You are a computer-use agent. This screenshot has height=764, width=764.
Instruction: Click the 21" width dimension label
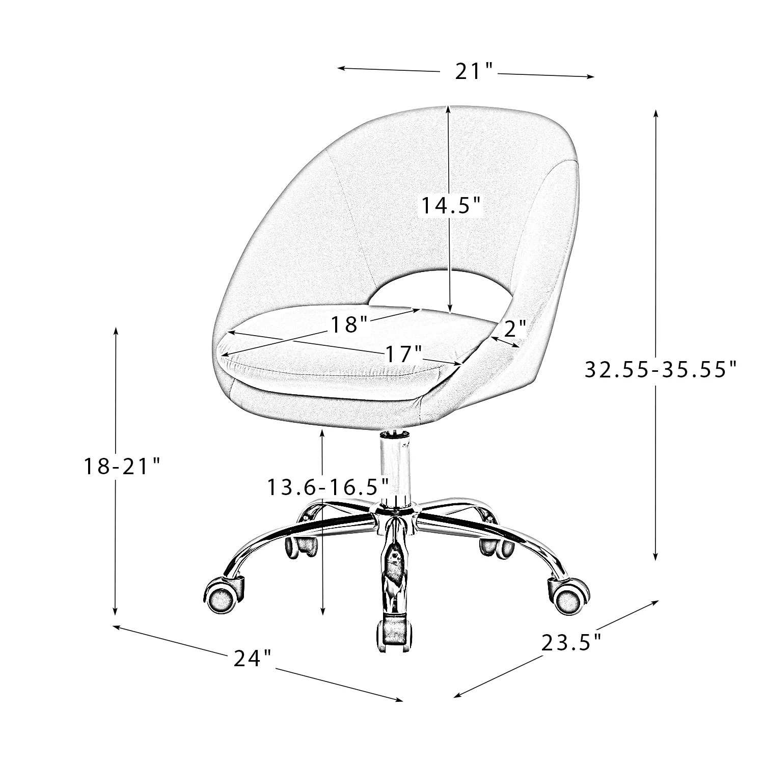pyautogui.click(x=474, y=71)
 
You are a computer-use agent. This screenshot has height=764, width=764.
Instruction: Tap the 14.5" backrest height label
pyautogui.click(x=450, y=205)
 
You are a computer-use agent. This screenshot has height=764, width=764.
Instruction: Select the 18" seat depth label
pyautogui.click(x=349, y=324)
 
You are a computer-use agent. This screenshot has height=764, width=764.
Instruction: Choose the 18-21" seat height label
pyautogui.click(x=122, y=466)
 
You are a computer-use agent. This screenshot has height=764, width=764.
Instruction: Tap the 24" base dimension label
pyautogui.click(x=252, y=658)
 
